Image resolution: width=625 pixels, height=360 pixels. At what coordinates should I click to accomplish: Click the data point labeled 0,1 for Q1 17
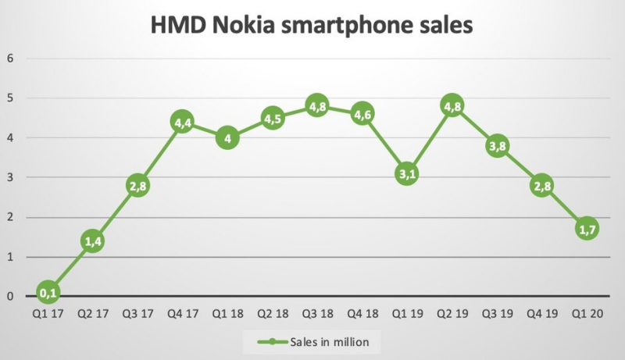(x=47, y=292)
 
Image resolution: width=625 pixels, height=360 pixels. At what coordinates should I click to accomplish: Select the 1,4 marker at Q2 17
(x=92, y=241)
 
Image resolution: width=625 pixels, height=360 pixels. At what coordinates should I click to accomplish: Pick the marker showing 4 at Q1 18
(x=227, y=138)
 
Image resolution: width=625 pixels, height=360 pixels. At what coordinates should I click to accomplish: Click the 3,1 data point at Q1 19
(x=407, y=173)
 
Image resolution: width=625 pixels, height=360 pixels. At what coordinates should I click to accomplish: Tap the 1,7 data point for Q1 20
(x=587, y=229)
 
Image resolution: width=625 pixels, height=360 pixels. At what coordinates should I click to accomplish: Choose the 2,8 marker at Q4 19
(x=542, y=185)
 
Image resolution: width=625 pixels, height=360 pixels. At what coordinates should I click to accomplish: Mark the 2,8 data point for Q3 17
(x=137, y=185)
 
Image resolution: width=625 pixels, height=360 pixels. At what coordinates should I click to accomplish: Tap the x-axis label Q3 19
(x=497, y=315)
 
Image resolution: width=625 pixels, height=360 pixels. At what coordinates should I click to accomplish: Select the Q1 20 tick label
(x=587, y=315)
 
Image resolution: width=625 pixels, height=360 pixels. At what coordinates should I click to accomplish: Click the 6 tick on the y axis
(x=10, y=59)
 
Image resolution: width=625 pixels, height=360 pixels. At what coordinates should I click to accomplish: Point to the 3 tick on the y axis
(x=10, y=177)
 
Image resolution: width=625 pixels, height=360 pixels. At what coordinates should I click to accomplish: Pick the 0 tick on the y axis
(x=10, y=297)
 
